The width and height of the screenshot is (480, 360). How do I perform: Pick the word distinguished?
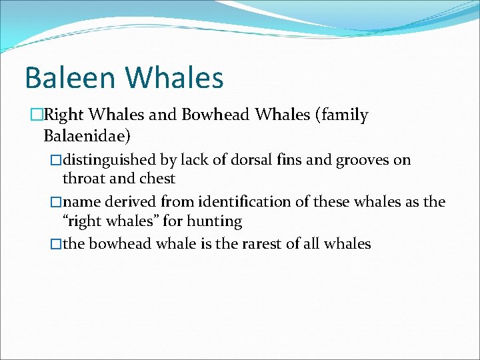(x=110, y=160)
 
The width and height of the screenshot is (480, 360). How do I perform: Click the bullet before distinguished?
(x=55, y=160)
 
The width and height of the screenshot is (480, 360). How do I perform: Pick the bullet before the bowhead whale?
(x=55, y=244)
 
